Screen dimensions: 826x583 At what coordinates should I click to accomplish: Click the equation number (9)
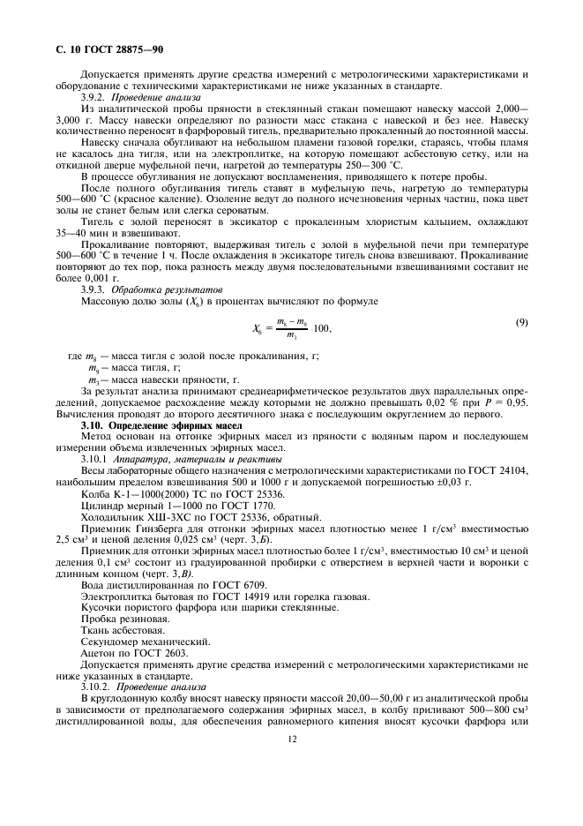point(521,322)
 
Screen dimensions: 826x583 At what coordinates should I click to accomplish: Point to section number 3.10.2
point(95,687)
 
